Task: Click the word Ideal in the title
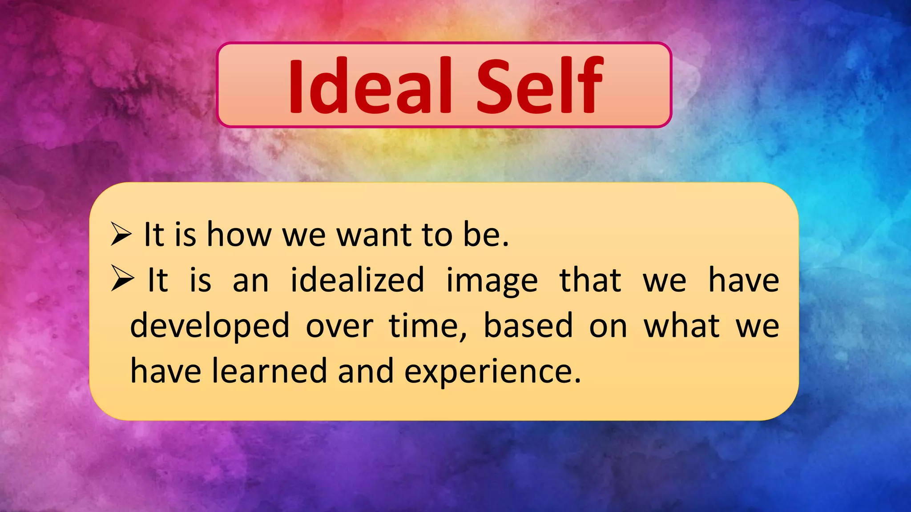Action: [x=370, y=85]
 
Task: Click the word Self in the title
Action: [x=540, y=85]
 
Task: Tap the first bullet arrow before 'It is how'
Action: [x=121, y=235]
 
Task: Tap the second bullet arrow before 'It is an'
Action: [x=122, y=279]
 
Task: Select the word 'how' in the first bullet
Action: [x=239, y=235]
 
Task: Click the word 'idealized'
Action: [x=357, y=280]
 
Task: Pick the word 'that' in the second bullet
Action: [x=590, y=280]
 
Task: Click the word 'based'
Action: [x=528, y=326]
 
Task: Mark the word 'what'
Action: [x=681, y=326]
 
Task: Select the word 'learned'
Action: [x=269, y=371]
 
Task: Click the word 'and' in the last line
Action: [x=366, y=371]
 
